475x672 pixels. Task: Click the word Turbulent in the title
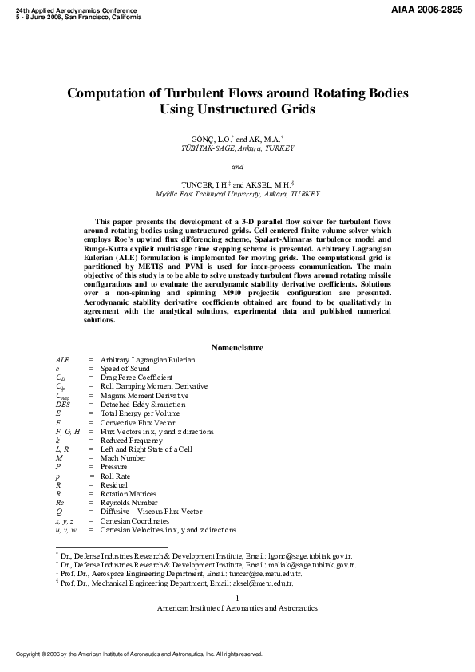tap(181, 93)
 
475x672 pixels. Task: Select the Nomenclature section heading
tap(237, 348)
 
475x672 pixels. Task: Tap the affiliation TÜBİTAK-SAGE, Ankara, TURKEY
tap(237, 148)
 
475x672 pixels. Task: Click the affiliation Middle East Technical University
tap(237, 194)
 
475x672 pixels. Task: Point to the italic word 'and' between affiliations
tap(237, 168)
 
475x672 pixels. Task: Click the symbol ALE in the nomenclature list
tap(62, 360)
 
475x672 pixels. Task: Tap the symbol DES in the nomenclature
tap(63, 405)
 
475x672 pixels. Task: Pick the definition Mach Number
tap(122, 458)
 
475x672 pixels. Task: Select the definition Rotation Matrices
tap(128, 494)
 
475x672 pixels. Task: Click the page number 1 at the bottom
tap(237, 599)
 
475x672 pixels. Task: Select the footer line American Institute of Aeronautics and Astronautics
tap(237, 608)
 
